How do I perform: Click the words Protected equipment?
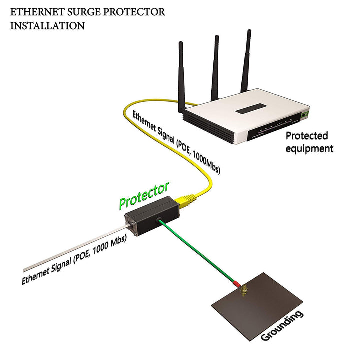coord(307,142)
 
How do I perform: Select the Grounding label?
coord(282,325)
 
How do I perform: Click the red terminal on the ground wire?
coord(236,283)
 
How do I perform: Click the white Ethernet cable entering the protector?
coord(75,250)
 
